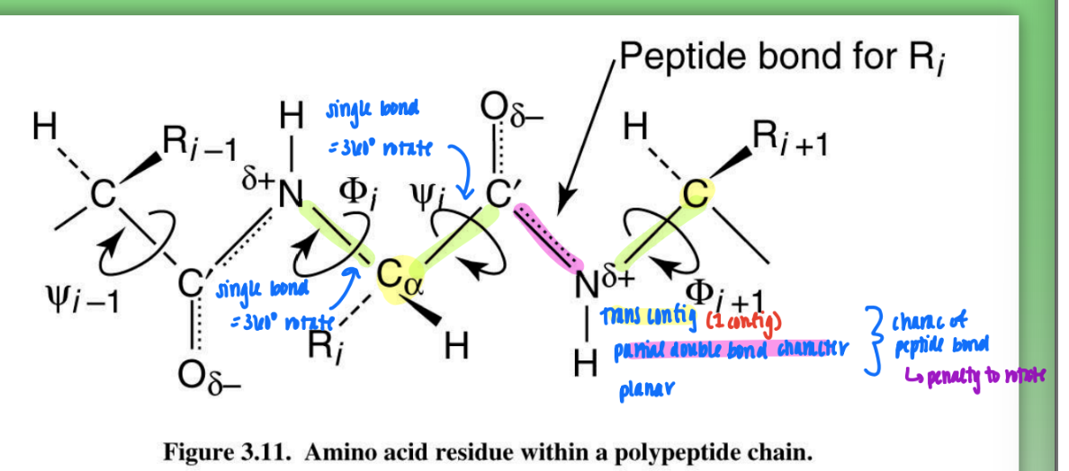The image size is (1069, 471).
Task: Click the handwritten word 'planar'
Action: [x=645, y=390]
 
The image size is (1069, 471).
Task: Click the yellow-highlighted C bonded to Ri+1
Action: [x=694, y=192]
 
